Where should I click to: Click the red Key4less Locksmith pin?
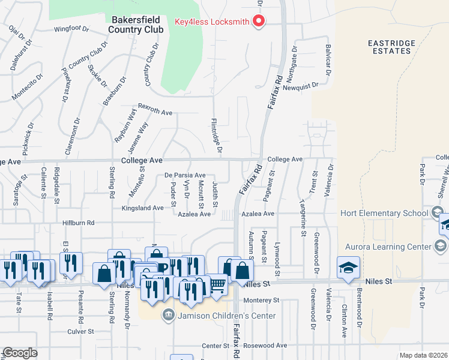(x=259, y=22)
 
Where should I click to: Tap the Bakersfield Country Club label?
(x=136, y=23)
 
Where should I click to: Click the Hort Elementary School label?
(x=383, y=213)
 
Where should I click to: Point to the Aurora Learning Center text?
(x=388, y=247)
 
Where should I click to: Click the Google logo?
(x=20, y=353)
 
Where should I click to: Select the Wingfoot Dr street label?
(x=71, y=28)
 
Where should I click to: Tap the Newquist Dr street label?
(x=300, y=86)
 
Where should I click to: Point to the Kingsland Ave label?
(x=142, y=208)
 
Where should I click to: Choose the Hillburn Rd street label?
(x=79, y=223)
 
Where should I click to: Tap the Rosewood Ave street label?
(x=265, y=346)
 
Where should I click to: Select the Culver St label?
(x=81, y=331)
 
